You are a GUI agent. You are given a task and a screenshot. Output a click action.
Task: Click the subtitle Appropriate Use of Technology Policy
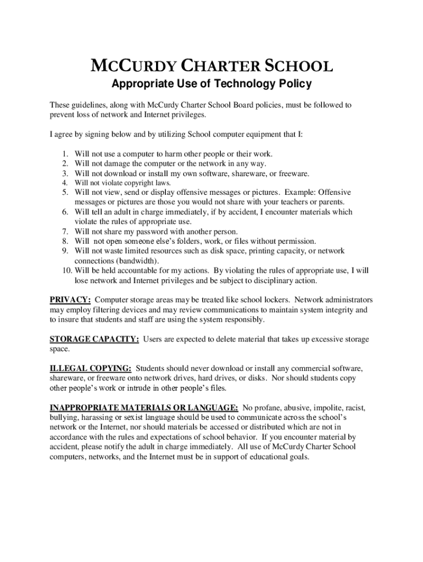[x=211, y=84]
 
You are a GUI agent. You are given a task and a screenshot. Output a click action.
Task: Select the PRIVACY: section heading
[x=70, y=300]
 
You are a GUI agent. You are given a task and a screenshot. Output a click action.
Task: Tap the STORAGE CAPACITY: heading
[x=94, y=339]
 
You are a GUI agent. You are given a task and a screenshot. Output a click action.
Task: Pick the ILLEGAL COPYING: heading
[x=91, y=368]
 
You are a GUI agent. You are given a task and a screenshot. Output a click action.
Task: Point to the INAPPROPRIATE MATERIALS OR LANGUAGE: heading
[x=144, y=408]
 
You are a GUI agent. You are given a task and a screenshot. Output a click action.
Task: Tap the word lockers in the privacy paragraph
[x=275, y=300]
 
